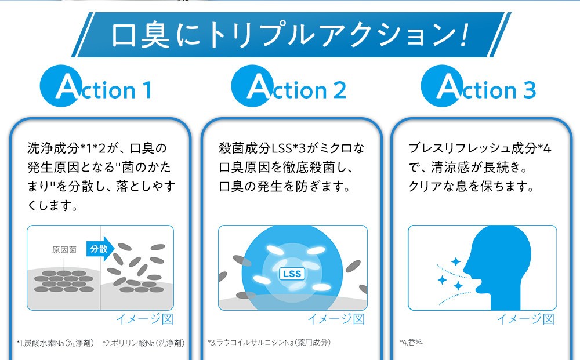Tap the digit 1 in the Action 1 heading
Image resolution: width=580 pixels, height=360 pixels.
[147, 90]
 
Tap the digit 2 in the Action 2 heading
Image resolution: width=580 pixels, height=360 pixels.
[339, 90]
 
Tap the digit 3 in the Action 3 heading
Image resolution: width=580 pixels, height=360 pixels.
[530, 90]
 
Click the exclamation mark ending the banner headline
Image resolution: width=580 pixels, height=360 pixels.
[465, 35]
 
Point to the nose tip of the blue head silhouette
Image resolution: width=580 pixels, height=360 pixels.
[463, 267]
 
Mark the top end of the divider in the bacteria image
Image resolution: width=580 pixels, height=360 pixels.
[100, 226]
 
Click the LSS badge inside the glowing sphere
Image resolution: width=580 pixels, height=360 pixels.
[292, 274]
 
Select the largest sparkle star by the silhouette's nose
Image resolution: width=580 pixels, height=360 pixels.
[456, 262]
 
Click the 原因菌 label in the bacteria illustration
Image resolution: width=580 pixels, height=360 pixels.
[64, 250]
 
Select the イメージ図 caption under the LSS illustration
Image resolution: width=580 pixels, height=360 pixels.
[336, 319]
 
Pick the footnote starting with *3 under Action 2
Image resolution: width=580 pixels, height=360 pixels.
[269, 343]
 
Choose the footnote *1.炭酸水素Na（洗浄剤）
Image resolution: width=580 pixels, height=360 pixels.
[55, 343]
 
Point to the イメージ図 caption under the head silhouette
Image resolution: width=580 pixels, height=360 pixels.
[525, 319]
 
